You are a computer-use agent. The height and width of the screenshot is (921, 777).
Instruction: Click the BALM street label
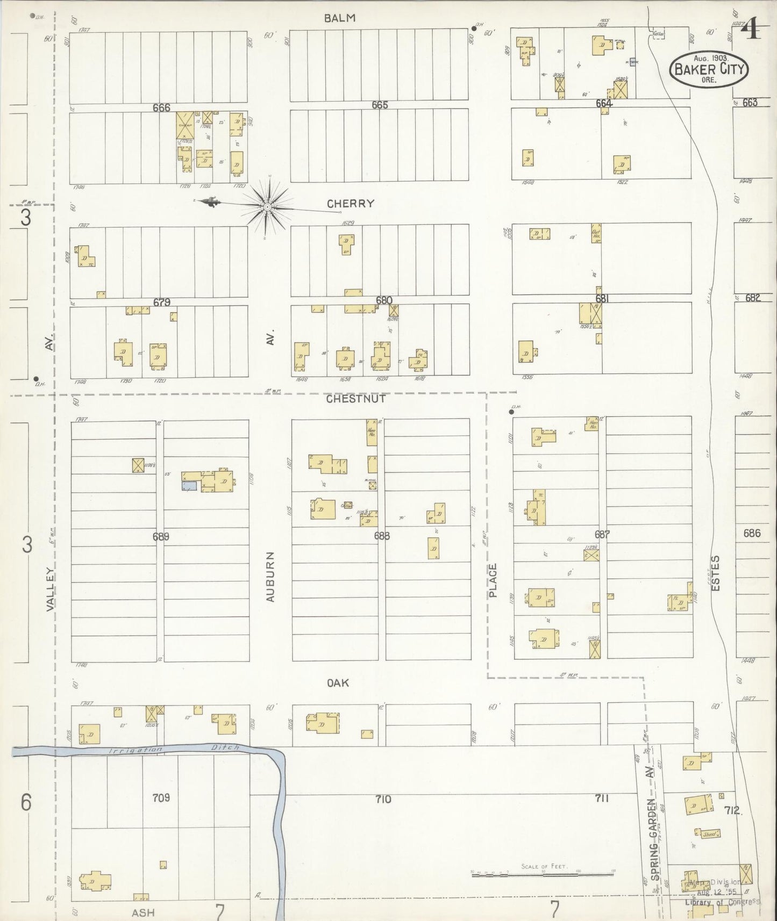(340, 18)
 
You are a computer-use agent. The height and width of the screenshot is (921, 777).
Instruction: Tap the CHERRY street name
(351, 204)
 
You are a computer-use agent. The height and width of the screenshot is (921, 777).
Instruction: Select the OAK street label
(338, 683)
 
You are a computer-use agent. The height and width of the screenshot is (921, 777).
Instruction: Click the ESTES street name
(715, 574)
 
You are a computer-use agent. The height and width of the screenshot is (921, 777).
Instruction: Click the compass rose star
(267, 206)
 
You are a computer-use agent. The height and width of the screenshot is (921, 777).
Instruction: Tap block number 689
(161, 536)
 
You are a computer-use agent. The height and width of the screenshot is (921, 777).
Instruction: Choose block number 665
(380, 105)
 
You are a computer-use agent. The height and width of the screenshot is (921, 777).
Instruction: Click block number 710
(383, 800)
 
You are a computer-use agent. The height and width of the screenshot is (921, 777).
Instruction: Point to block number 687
(602, 535)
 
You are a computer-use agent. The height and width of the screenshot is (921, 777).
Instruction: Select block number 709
(161, 797)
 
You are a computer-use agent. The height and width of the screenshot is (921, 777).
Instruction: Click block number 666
(161, 108)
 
